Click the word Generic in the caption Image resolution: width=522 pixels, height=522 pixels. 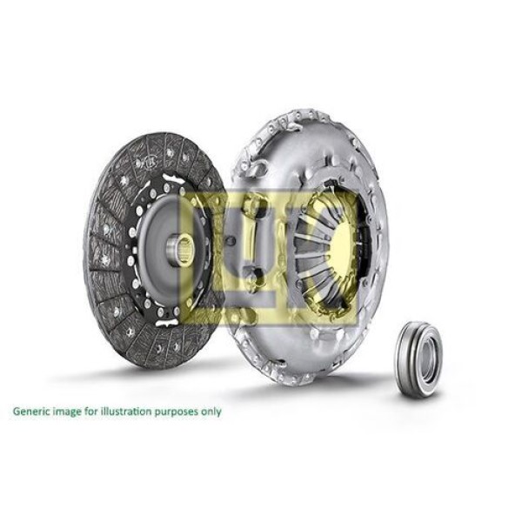coord(30,412)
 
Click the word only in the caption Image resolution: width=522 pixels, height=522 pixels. coord(211,412)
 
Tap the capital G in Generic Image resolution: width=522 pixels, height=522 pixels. coord(16,412)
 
